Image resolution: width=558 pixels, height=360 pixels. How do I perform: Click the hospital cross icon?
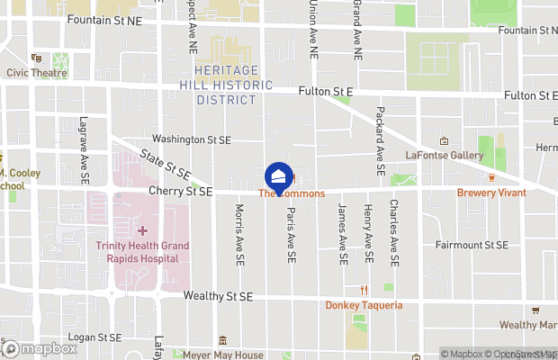pyautogui.click(x=142, y=231)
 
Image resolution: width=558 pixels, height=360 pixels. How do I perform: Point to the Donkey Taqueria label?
pyautogui.click(x=364, y=305)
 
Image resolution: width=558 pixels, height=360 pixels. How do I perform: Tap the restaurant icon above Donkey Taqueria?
pyautogui.click(x=364, y=290)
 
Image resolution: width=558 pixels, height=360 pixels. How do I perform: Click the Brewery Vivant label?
pyautogui.click(x=491, y=192)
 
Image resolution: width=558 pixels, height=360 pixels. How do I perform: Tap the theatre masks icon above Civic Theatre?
pyautogui.click(x=35, y=58)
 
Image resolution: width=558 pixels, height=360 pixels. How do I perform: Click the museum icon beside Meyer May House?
pyautogui.click(x=222, y=340)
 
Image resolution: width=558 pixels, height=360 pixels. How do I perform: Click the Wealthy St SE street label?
pyautogui.click(x=219, y=295)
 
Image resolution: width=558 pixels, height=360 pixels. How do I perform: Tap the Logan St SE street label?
pyautogui.click(x=95, y=337)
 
